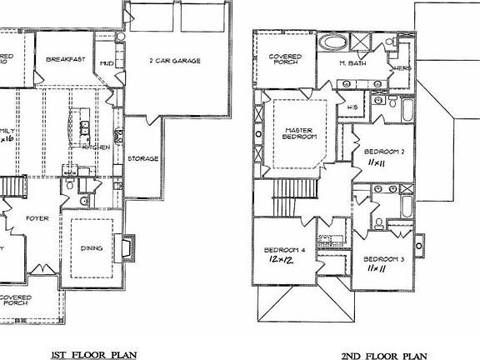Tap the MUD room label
107,63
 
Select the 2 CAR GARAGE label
173,60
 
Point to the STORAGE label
143,158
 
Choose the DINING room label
92,247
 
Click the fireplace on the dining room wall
126,247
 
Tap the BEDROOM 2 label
383,152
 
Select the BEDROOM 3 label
383,259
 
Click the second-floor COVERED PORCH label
286,61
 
